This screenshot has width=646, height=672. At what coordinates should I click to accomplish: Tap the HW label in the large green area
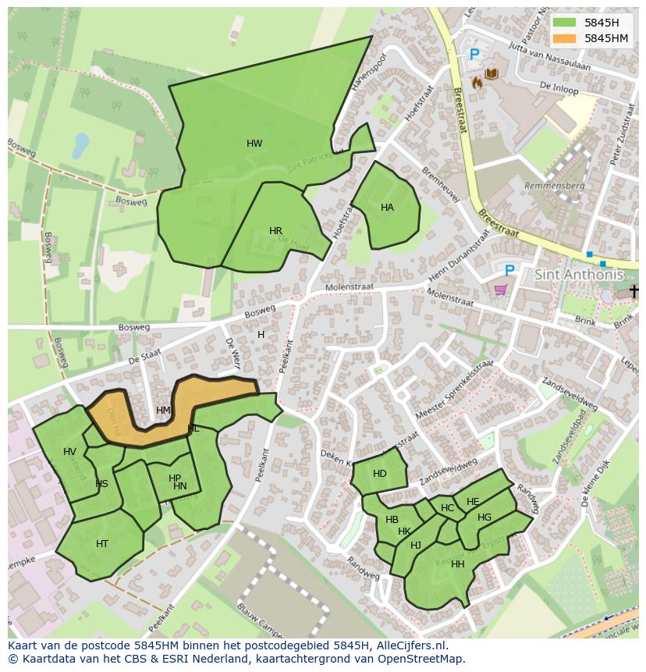point(254,144)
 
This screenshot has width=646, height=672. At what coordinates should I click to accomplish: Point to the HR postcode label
point(275,231)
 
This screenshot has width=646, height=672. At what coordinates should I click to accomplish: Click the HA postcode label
point(387,208)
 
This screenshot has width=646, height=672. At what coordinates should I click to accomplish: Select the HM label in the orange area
point(163,411)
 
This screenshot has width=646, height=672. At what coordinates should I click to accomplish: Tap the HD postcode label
point(379,474)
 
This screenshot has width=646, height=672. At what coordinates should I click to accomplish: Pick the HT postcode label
point(102,544)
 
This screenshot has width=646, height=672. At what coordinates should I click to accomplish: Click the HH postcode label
point(457,564)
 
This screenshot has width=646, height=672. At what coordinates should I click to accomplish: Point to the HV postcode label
point(70,452)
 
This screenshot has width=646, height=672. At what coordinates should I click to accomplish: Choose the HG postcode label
point(484,517)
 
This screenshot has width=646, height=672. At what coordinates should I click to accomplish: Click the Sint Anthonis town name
point(579,275)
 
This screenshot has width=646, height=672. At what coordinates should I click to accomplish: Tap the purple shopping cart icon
point(500,290)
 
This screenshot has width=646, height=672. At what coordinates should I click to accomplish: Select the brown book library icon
point(492,74)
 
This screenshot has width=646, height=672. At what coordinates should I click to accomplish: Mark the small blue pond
point(80,144)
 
